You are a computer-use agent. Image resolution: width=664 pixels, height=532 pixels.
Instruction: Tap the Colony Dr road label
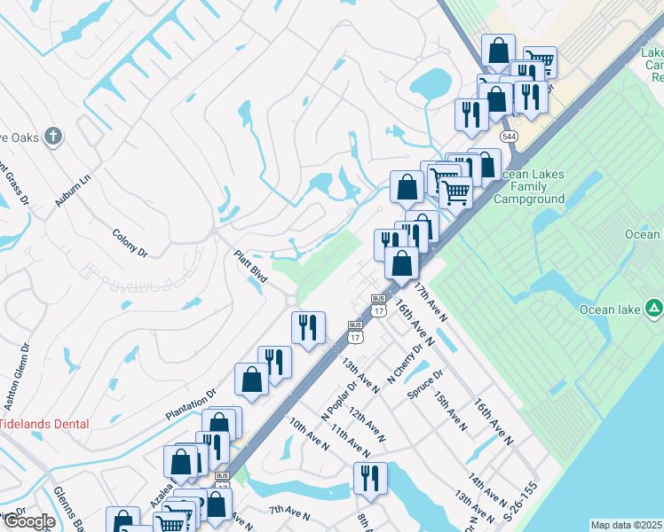tap(130, 243)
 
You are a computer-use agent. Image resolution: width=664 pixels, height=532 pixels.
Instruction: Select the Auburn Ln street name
tap(73, 191)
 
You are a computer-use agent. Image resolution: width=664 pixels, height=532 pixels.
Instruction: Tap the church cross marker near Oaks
tap(53, 137)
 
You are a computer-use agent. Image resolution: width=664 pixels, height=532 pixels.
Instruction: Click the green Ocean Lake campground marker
tap(653, 309)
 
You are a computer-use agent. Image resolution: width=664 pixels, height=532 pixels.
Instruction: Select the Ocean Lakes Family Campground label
tap(530, 187)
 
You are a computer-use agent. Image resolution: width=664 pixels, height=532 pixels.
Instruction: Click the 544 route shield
tap(509, 137)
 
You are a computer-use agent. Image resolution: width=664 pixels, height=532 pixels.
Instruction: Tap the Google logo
tap(29, 522)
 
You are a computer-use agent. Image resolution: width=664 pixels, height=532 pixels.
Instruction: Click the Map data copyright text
tap(627, 525)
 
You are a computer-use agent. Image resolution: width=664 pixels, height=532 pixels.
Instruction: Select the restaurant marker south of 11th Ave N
tap(369, 477)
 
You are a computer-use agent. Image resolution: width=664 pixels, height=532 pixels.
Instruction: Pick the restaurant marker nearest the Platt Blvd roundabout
tap(308, 327)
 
